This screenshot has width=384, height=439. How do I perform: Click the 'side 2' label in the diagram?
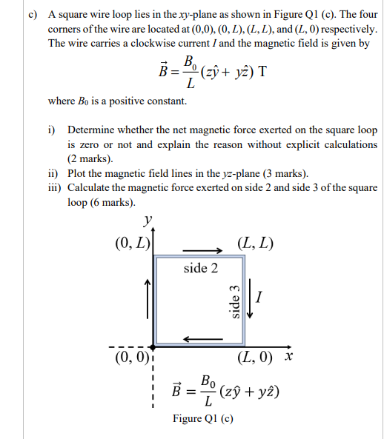(x=200, y=268)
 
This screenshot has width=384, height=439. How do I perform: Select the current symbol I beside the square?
(x=259, y=298)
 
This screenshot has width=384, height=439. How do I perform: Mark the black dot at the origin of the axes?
(x=153, y=346)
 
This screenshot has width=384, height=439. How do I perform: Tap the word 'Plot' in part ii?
(x=79, y=173)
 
